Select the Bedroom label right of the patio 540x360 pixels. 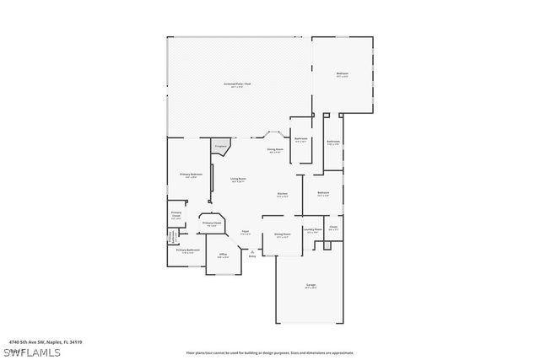pos(342,75)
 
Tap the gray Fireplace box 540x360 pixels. pos(220,148)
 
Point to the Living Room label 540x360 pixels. pos(238,180)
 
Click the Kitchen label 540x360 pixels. pos(283,195)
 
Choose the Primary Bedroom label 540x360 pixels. pos(191,175)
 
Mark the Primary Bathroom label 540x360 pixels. pos(187,250)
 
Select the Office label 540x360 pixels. pos(223,255)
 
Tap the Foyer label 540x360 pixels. pos(246,232)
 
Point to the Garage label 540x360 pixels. pos(310,287)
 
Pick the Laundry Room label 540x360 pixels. pos(312,230)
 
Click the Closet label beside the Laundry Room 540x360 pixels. pos(333,228)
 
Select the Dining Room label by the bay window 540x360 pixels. pos(275,150)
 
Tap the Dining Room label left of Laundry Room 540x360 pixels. pos(282,234)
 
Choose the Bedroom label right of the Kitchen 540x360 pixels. pos(323,194)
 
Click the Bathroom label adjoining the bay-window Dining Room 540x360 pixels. pos(301,140)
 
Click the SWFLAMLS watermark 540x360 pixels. pos(31,352)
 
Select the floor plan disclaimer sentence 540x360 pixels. pos(269,352)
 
